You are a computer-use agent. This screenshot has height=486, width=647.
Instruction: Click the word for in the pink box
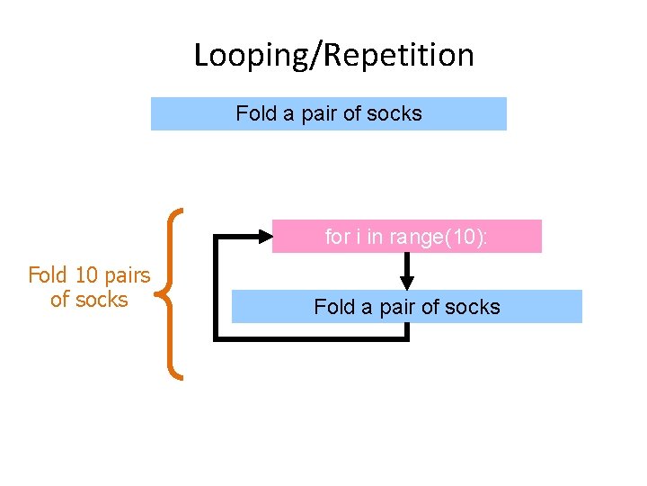tap(337, 237)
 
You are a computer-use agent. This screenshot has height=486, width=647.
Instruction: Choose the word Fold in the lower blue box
tap(333, 307)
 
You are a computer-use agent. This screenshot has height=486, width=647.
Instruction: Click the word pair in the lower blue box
tap(397, 307)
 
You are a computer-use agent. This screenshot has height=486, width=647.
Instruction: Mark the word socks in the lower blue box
tap(473, 307)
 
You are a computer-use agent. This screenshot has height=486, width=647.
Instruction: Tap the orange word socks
tap(102, 300)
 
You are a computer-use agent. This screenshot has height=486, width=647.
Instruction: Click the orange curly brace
tap(171, 293)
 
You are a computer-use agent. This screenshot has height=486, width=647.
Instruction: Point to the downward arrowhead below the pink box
tap(407, 282)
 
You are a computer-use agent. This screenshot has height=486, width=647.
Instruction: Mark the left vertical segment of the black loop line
tap(215, 288)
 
